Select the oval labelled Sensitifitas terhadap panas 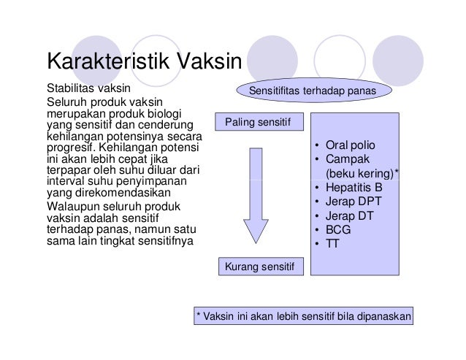click(x=312, y=91)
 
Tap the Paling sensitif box click(x=258, y=123)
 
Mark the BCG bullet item click(x=338, y=229)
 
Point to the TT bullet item click(x=332, y=242)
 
